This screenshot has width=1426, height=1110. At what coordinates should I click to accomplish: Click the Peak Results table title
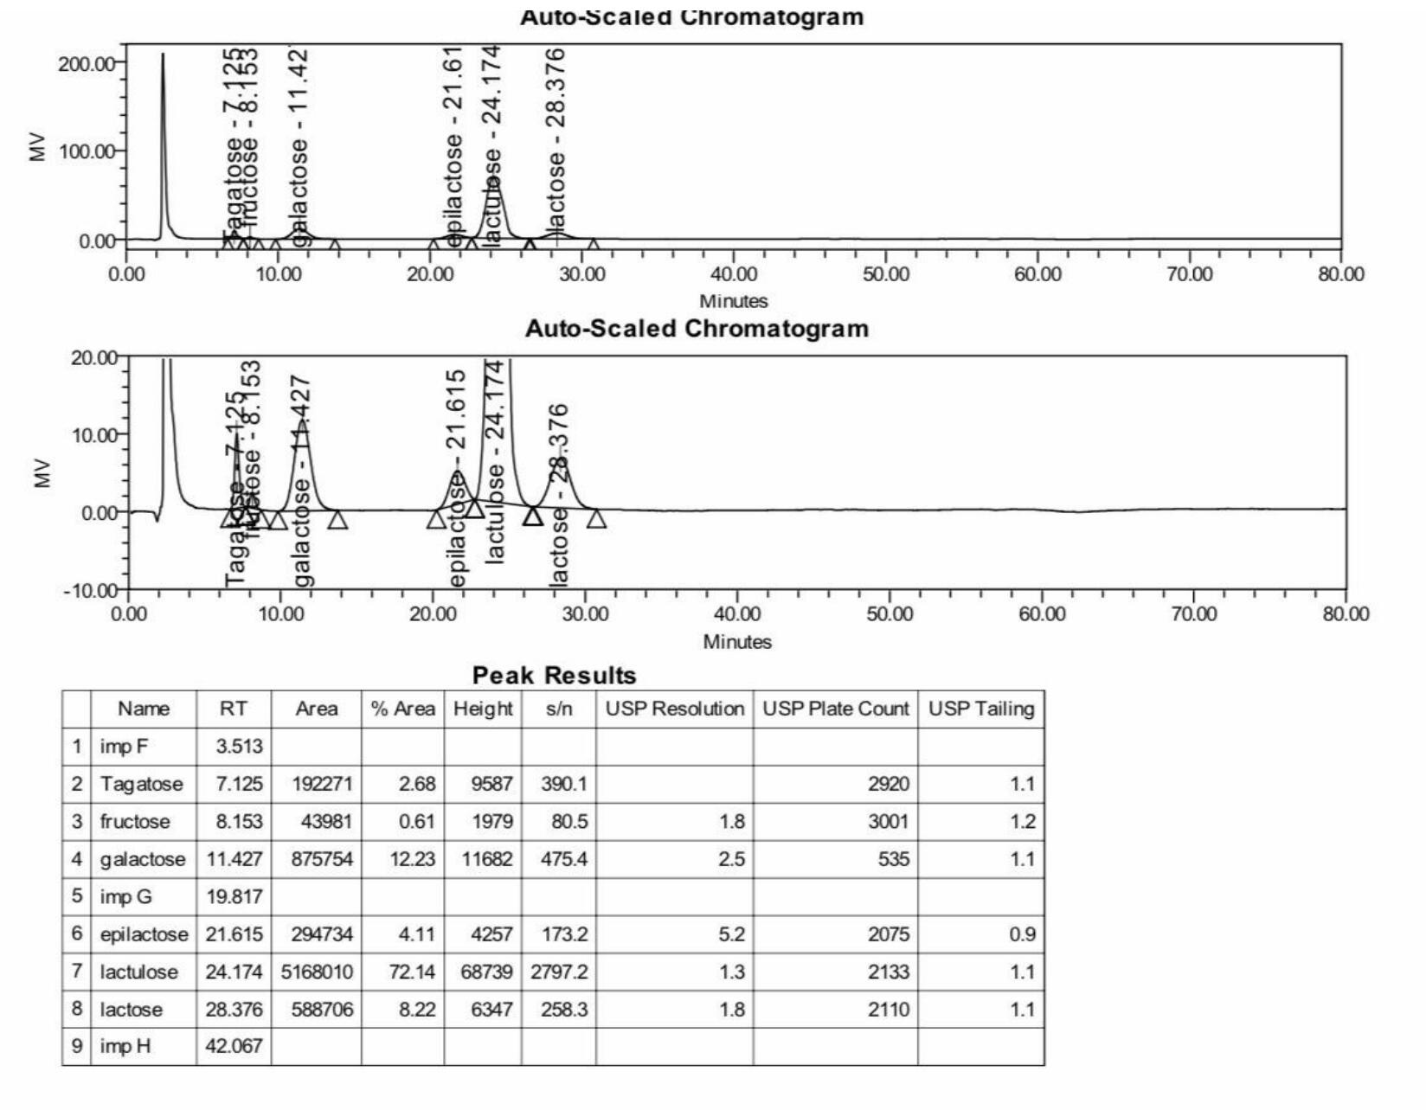click(x=554, y=676)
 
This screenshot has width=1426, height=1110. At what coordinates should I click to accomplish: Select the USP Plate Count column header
click(x=835, y=709)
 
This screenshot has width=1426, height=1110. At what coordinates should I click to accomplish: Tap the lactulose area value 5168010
click(x=317, y=972)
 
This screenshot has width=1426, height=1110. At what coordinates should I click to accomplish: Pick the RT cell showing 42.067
click(x=234, y=1047)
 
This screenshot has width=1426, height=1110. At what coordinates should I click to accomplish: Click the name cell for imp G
click(x=125, y=897)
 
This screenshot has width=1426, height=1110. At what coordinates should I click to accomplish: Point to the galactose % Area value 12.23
click(x=416, y=860)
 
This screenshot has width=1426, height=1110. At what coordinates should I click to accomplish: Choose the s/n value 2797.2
click(x=559, y=972)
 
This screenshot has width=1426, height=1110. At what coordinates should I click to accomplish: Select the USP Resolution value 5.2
click(x=731, y=935)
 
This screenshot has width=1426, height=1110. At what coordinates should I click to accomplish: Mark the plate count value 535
click(x=893, y=860)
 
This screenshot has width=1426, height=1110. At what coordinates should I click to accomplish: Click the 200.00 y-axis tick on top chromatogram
click(x=86, y=63)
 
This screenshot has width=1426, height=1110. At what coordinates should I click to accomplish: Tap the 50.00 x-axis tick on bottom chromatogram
click(x=890, y=614)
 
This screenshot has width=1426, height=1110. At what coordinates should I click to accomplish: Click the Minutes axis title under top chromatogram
click(x=734, y=301)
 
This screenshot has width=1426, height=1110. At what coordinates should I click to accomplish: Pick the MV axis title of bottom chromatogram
click(x=41, y=474)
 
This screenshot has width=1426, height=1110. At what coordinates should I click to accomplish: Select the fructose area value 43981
click(x=326, y=822)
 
